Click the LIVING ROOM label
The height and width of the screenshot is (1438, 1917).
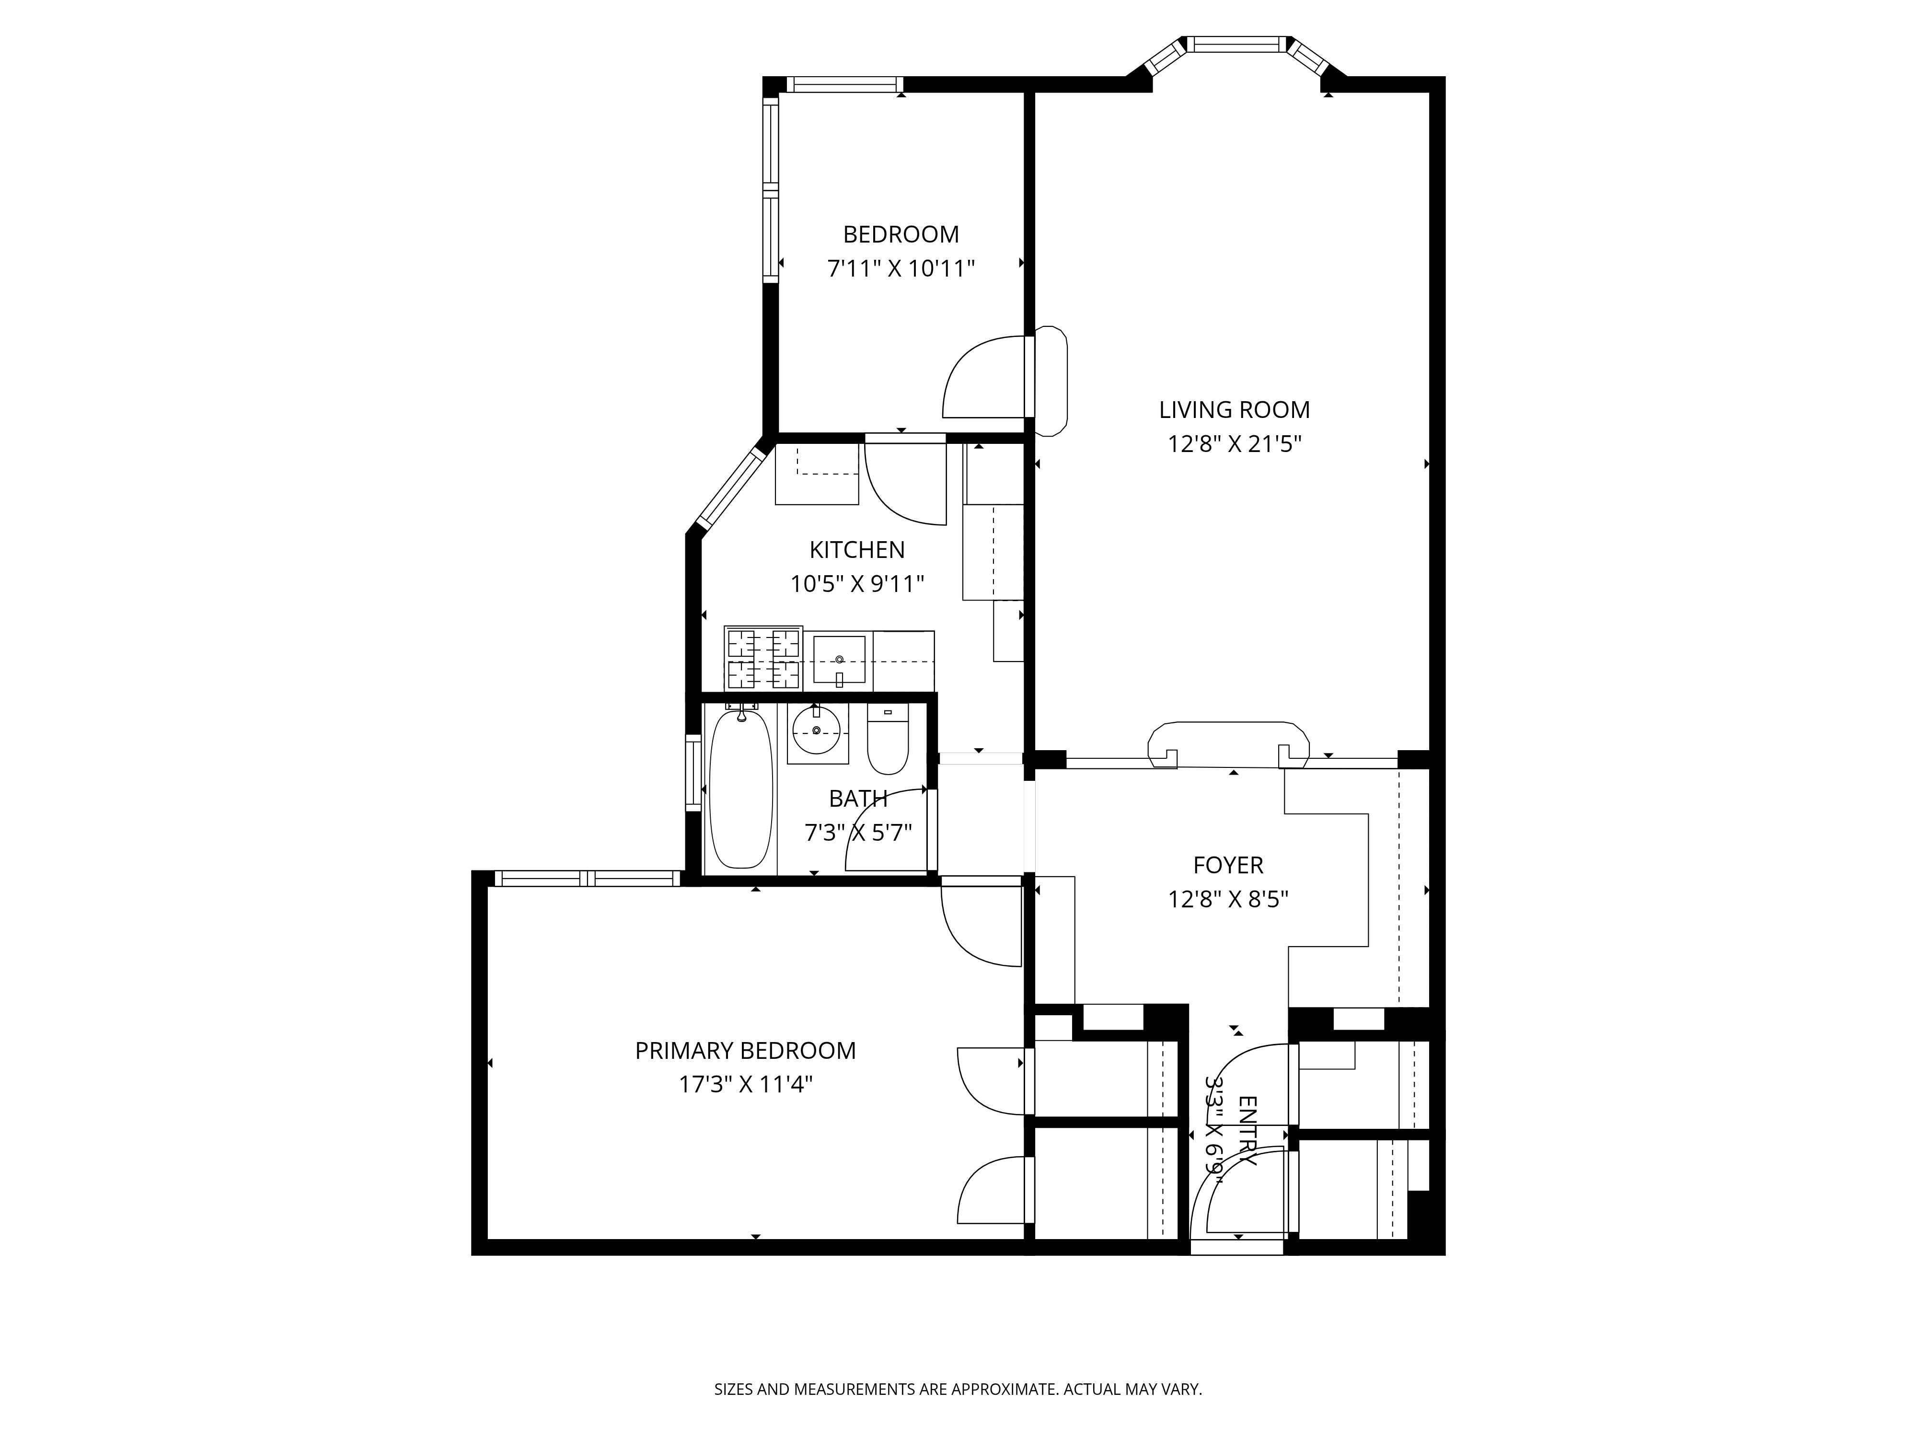pyautogui.click(x=1234, y=409)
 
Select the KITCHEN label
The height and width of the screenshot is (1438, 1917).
pyautogui.click(x=856, y=549)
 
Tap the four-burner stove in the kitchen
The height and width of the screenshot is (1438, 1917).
pyautogui.click(x=762, y=658)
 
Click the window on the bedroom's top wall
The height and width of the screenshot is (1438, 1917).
pyautogui.click(x=843, y=84)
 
